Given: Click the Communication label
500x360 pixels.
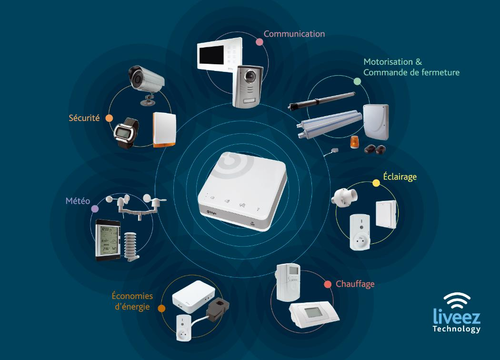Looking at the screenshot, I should pos(294,34).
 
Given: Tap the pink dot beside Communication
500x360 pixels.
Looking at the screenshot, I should pos(260,42).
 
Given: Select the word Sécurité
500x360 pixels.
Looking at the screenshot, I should pos(84,118).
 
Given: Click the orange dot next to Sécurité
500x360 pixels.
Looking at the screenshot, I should pos(109,118).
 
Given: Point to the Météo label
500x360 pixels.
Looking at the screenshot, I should pos(78,201).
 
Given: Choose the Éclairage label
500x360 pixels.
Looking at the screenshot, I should pos(400,177).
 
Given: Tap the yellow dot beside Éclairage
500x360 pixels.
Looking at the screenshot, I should pos(376,183).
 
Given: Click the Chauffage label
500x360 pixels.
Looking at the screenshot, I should pos(355,284).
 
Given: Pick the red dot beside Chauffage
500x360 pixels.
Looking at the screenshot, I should pos(328,284).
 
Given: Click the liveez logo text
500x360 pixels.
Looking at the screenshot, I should pos(457,316).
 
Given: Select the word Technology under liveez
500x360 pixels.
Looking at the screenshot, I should pos(456,329).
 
